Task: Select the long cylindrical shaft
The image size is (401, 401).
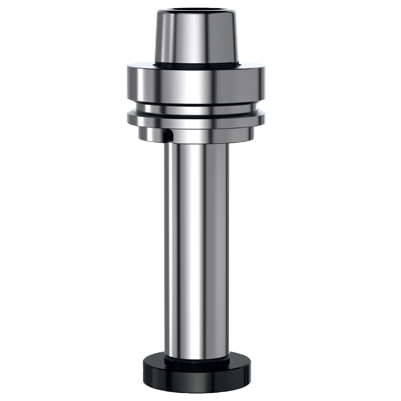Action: click(x=196, y=241)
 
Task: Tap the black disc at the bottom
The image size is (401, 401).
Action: click(x=196, y=375)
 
